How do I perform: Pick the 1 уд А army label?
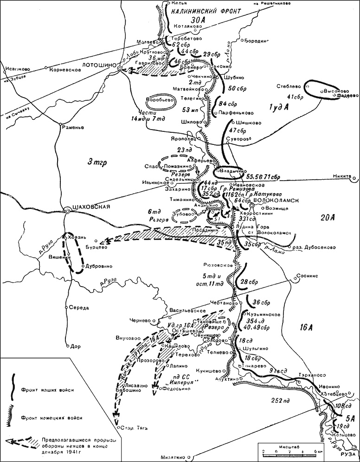click(279, 107)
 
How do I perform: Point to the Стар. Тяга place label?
click(132, 428)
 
